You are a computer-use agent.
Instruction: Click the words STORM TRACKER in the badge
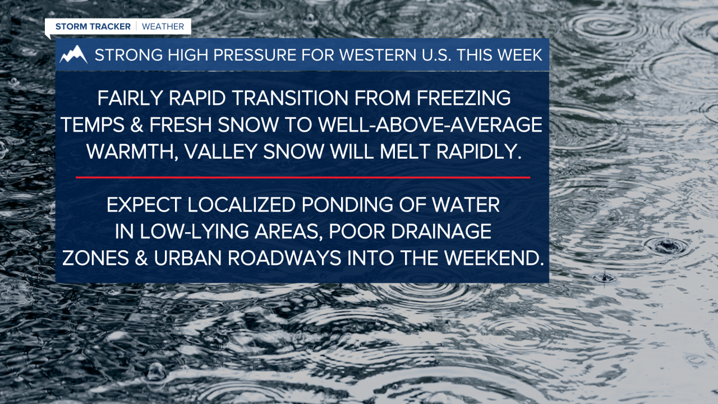(93, 26)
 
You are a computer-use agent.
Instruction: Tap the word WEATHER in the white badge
(163, 26)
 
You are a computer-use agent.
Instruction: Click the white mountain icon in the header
(73, 54)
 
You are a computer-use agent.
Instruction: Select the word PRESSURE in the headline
(255, 55)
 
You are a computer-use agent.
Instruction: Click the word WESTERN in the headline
(378, 55)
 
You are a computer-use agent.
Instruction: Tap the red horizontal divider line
(303, 177)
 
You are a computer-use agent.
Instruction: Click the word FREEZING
(464, 98)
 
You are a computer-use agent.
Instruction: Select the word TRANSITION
(291, 98)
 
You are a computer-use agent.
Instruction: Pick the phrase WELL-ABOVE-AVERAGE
(430, 125)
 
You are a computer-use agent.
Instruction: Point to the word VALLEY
(221, 151)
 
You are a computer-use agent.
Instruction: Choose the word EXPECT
(144, 205)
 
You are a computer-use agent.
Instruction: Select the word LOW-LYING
(194, 232)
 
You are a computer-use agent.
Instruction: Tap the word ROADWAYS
(284, 258)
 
